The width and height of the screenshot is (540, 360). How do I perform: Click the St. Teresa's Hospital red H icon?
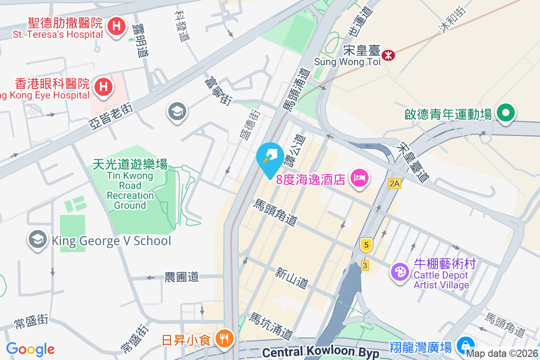point(117,27)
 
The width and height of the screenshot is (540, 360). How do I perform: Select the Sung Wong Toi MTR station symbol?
point(388,55)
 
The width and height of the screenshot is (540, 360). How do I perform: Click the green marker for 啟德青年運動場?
point(506,112)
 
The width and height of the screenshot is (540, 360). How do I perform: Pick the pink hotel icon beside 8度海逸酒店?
point(360,178)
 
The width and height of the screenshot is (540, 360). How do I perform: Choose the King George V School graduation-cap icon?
point(38,240)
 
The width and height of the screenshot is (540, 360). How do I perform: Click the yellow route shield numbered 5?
point(366,245)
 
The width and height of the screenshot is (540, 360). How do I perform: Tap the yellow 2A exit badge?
point(395,183)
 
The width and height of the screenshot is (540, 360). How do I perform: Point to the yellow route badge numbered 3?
point(364,265)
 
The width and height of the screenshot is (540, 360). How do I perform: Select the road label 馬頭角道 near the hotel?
point(275,212)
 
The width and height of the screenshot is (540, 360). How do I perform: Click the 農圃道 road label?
point(181,277)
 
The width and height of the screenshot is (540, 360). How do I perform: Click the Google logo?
point(30,349)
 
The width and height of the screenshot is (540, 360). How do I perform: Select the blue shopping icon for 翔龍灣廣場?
point(463,346)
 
